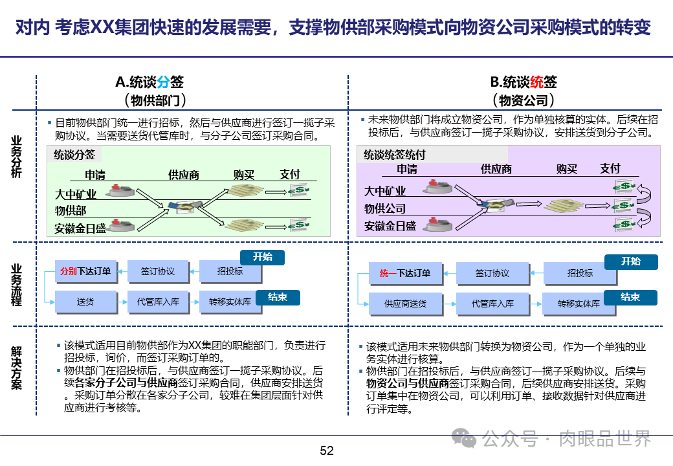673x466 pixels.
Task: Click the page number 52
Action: (x=327, y=451)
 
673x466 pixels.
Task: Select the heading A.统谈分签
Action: (x=149, y=82)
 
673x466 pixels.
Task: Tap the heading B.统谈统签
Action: (x=524, y=82)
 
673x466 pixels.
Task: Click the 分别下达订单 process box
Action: (x=85, y=272)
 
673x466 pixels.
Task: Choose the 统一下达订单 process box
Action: (x=405, y=273)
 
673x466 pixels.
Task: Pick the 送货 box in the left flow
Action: (x=85, y=302)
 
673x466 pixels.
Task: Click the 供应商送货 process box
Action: (x=405, y=304)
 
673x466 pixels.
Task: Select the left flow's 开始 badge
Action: (x=263, y=257)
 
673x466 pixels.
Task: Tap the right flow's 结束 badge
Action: (x=630, y=297)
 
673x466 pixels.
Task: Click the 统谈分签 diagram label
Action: (x=74, y=155)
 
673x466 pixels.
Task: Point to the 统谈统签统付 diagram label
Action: (x=394, y=155)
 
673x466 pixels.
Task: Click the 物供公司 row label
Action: (x=385, y=208)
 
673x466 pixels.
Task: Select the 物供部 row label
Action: (x=71, y=210)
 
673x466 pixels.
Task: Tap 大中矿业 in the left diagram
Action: (x=76, y=194)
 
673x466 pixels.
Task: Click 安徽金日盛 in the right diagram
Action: (x=390, y=226)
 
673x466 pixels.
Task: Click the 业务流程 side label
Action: (x=16, y=285)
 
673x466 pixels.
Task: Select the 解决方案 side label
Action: (x=16, y=368)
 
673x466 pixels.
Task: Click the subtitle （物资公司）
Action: (x=524, y=100)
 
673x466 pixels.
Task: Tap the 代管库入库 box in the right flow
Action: (x=492, y=304)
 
